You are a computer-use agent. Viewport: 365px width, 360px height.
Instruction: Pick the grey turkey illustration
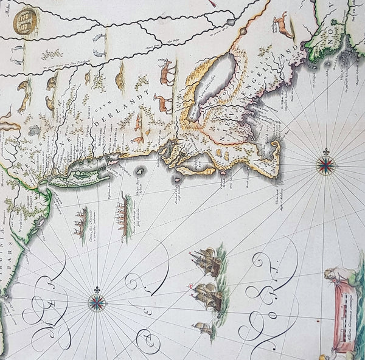click(34, 130)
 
